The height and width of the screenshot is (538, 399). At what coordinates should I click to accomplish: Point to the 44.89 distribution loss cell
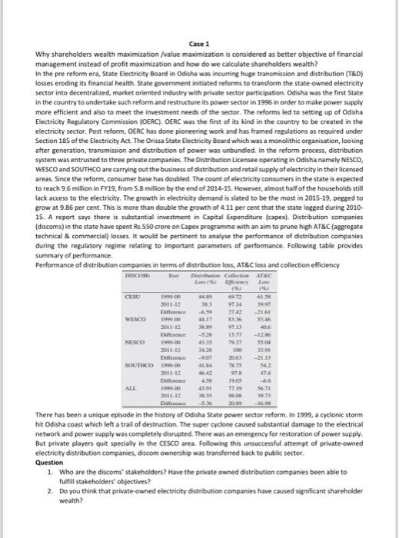point(204,316)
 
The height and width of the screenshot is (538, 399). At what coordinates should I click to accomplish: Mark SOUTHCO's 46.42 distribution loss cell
point(204,391)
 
